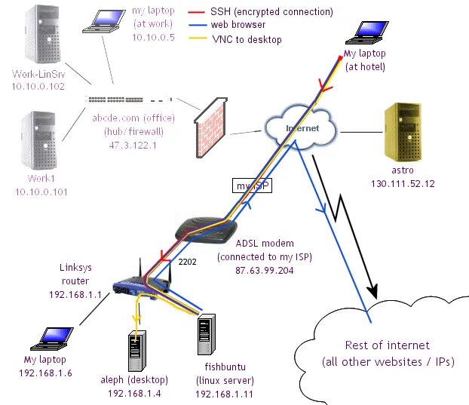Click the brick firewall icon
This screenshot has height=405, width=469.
pyautogui.click(x=211, y=127)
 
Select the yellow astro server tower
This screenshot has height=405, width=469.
pyautogui.click(x=403, y=133)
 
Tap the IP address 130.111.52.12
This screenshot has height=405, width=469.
pyautogui.click(x=403, y=184)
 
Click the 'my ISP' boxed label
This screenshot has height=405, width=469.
pyautogui.click(x=252, y=186)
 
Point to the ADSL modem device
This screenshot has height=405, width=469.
pyautogui.click(x=206, y=229)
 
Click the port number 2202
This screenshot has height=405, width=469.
pyautogui.click(x=187, y=262)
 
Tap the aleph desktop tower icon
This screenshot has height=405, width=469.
pyautogui.click(x=137, y=351)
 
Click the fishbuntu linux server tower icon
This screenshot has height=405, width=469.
pyautogui.click(x=207, y=334)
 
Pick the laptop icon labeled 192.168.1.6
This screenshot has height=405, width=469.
pyautogui.click(x=52, y=339)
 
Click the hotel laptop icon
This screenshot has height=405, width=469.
pyautogui.click(x=367, y=32)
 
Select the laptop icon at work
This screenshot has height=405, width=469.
pyautogui.click(x=104, y=21)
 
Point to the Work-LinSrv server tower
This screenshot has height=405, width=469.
pyautogui.click(x=42, y=35)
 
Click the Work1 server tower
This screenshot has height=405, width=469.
pyautogui.click(x=39, y=140)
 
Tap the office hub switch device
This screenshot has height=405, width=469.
pyautogui.click(x=129, y=100)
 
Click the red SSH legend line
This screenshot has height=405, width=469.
pyautogui.click(x=197, y=12)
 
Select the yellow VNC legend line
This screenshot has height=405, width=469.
pyautogui.click(x=198, y=38)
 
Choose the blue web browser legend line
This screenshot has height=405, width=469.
pyautogui.click(x=198, y=25)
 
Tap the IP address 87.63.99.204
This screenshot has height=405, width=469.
pyautogui.click(x=265, y=271)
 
